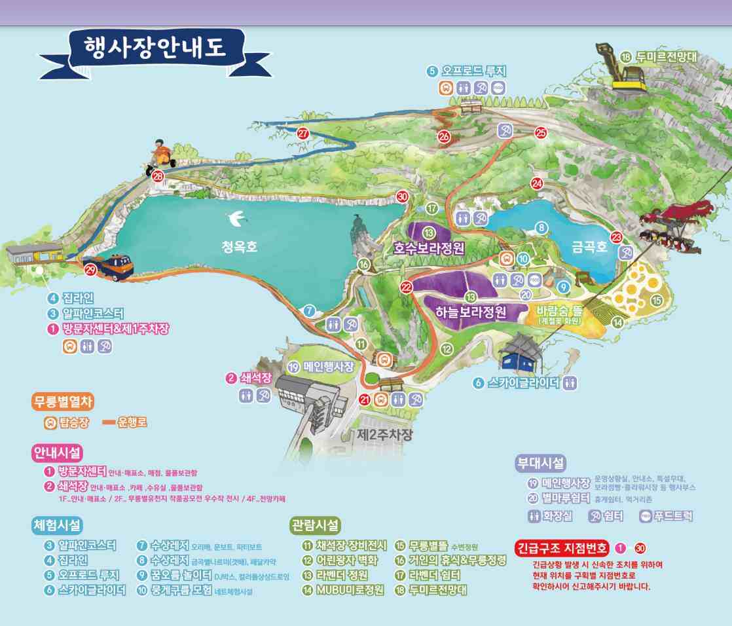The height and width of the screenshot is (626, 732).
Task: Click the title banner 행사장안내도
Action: (x=155, y=48)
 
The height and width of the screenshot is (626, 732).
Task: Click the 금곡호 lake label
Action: (x=589, y=249)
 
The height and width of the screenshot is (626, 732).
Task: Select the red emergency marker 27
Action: (x=303, y=133)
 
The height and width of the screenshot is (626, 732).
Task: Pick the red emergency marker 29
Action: (x=90, y=270)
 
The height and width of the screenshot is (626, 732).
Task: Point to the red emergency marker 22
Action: (x=407, y=286)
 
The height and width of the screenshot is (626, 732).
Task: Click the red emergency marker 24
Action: (x=538, y=183)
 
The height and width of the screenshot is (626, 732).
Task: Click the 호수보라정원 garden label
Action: (x=429, y=249)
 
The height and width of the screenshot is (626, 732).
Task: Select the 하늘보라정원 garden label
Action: (x=471, y=312)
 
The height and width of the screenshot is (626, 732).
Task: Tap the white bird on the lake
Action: (x=234, y=216)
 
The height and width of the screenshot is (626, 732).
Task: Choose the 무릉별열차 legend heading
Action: (x=63, y=401)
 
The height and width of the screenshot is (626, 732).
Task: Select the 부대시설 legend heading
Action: (x=541, y=464)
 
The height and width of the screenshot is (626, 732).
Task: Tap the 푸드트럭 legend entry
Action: (x=666, y=516)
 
